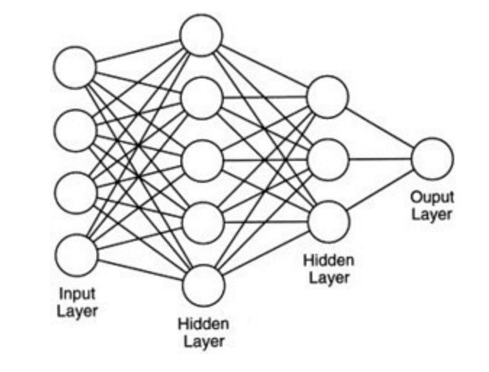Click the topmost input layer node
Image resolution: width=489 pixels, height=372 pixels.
pos(75,67)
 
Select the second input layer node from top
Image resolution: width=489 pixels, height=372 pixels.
pos(75,131)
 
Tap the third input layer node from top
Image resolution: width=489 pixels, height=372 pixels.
pos(75,193)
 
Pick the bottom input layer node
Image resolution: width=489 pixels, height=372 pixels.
pos(75,255)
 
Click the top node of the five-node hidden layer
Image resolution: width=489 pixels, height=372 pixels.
pos(201,34)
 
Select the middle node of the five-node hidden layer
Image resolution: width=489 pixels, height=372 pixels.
pos(202,161)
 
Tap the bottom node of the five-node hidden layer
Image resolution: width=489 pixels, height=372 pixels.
pos(204,285)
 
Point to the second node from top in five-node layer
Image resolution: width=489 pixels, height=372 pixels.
pos(201,98)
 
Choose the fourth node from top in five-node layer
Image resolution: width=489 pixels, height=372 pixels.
pos(203,223)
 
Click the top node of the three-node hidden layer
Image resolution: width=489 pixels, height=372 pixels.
pos(327,97)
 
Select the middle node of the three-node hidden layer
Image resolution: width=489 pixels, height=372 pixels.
pos(328,158)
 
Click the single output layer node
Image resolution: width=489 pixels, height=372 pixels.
pos(432,158)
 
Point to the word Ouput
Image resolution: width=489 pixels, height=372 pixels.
pos(432,197)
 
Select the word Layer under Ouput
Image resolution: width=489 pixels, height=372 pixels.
pos(432,214)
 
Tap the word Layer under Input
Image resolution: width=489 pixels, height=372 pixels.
pos(77,313)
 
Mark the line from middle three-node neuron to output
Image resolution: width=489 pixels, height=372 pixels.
pos(380,158)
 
